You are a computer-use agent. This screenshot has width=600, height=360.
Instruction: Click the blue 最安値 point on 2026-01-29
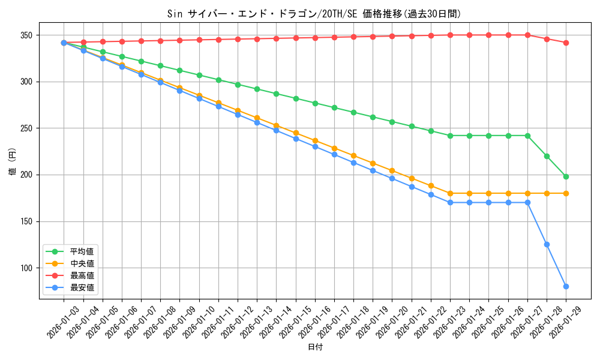566,286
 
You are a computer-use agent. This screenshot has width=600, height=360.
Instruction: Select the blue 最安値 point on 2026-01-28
547,244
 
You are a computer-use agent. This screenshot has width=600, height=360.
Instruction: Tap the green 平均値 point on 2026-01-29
566,176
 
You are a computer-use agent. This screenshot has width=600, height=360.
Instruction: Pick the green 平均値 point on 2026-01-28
547,156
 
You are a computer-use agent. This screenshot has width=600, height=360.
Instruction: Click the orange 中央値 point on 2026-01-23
450,193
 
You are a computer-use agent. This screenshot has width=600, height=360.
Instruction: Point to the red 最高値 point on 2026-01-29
566,43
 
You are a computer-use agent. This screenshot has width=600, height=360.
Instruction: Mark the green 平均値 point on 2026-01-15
296,98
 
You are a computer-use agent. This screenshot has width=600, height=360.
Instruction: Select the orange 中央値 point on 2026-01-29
566,193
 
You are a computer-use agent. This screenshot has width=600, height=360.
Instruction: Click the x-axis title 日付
315,347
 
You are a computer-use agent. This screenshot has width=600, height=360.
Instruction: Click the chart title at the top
315,14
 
